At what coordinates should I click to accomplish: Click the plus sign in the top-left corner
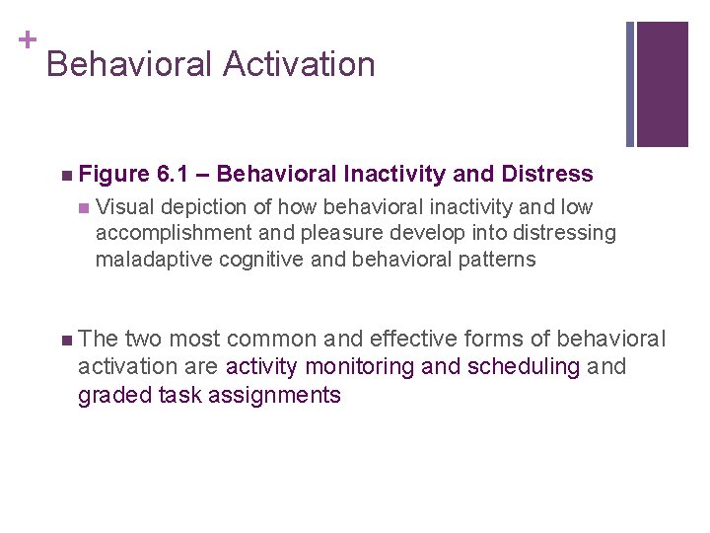(x=27, y=39)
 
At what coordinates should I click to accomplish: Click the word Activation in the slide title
(x=299, y=64)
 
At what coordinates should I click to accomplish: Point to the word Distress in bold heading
(x=547, y=175)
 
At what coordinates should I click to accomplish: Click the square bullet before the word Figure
(x=65, y=176)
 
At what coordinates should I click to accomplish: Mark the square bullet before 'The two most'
(x=65, y=341)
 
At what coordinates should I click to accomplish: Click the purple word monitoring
(x=361, y=367)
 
